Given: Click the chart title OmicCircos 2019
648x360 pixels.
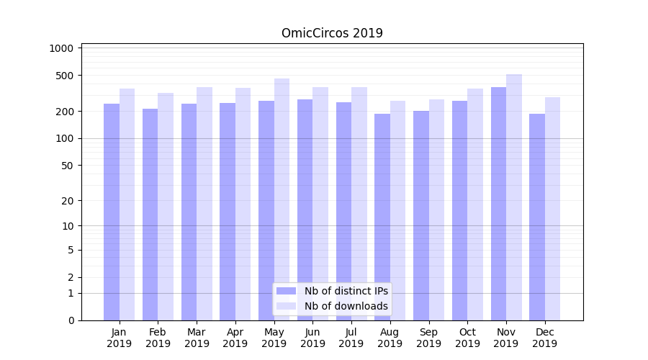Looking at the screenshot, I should click(332, 33).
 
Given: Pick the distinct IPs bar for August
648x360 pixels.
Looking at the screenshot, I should click(382, 217).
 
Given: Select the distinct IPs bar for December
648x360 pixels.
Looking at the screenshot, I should click(537, 217).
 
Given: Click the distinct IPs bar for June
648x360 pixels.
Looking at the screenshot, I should click(305, 210).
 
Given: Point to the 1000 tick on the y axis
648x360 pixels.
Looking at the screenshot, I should click(62, 48).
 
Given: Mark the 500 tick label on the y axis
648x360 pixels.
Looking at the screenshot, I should click(65, 76).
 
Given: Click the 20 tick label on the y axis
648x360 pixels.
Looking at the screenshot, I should click(68, 201).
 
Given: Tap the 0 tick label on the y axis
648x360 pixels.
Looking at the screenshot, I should click(71, 320).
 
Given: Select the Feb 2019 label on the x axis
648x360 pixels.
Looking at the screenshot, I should click(158, 338).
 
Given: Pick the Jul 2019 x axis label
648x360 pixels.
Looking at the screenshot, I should click(351, 338).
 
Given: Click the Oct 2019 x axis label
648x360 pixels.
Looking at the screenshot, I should click(467, 338).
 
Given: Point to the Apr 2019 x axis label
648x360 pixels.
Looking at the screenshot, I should click(235, 338).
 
